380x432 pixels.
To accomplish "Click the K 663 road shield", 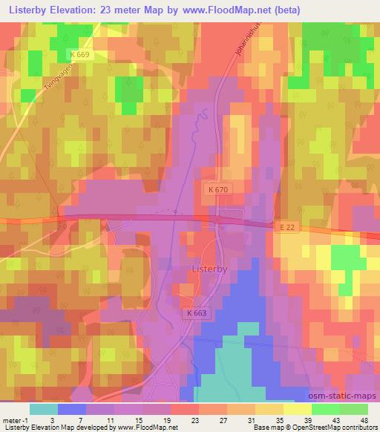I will (197, 313).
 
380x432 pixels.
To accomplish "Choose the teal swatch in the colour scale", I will (44, 409).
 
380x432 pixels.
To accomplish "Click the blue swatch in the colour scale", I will (72, 409).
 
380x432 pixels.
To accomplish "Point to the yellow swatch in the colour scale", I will (297, 409).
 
